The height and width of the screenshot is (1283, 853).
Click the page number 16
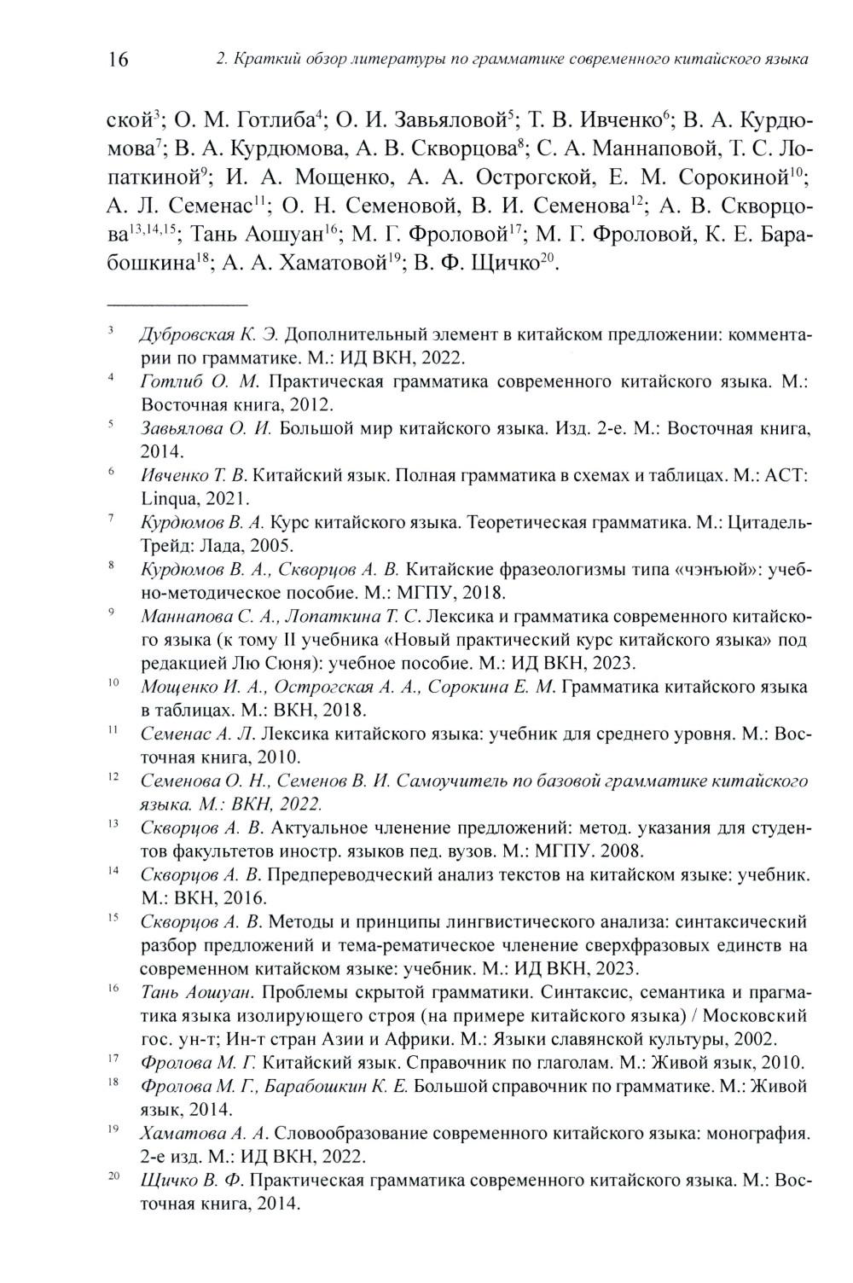pyautogui.click(x=118, y=59)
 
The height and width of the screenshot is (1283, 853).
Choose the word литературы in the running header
pyautogui.click(x=393, y=60)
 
